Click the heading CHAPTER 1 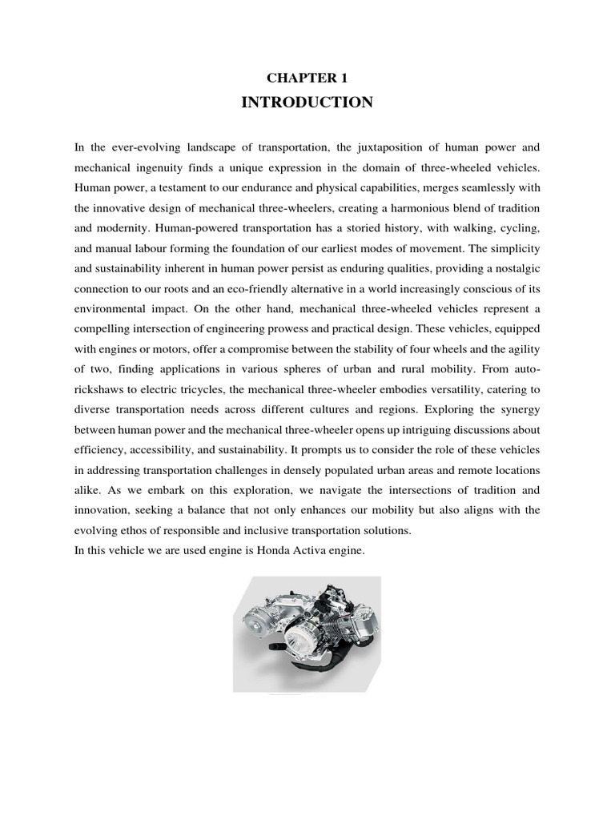click(x=307, y=78)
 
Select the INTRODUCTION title click(x=307, y=102)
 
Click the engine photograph click(x=307, y=634)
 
